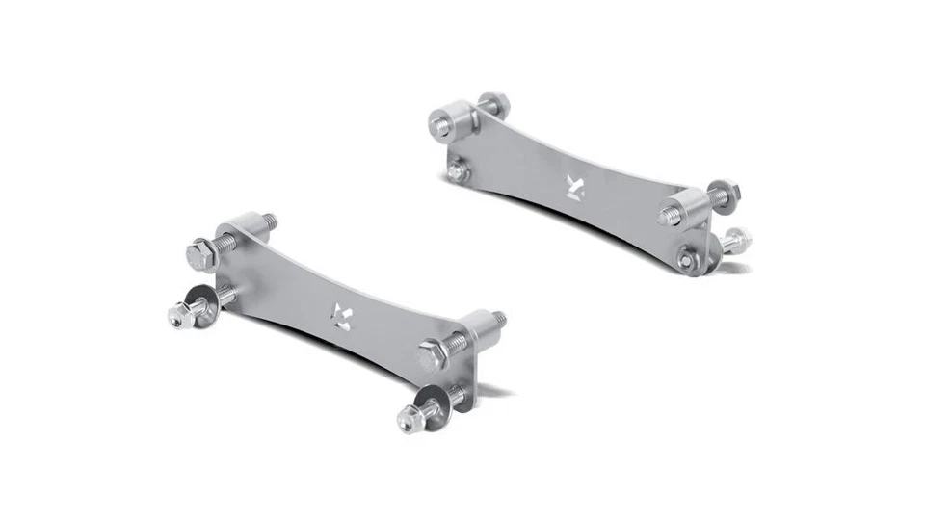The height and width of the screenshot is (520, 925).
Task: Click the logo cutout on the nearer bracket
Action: coord(341,314)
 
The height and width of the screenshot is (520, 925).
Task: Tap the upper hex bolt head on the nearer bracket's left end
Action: coord(200,255)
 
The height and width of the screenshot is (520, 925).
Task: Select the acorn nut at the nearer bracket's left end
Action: coord(179,315)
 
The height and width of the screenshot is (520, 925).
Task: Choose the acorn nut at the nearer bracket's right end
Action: coord(409,420)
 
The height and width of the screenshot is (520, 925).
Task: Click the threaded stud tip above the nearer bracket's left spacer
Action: coord(269,220)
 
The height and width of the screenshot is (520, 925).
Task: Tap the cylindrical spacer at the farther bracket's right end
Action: coord(683,209)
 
